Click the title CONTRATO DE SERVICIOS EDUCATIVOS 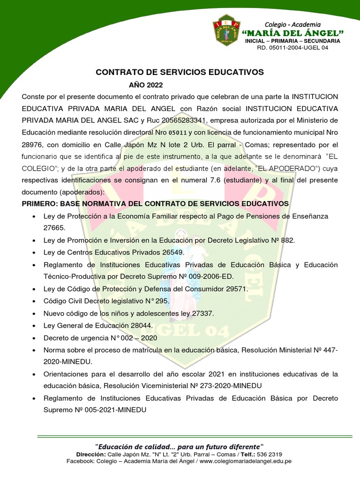(x=180, y=72)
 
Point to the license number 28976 (x=32, y=144)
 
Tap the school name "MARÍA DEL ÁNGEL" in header (x=293, y=33)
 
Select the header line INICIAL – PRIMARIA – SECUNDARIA (x=293, y=41)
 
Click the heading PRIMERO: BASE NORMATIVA (x=155, y=203)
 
